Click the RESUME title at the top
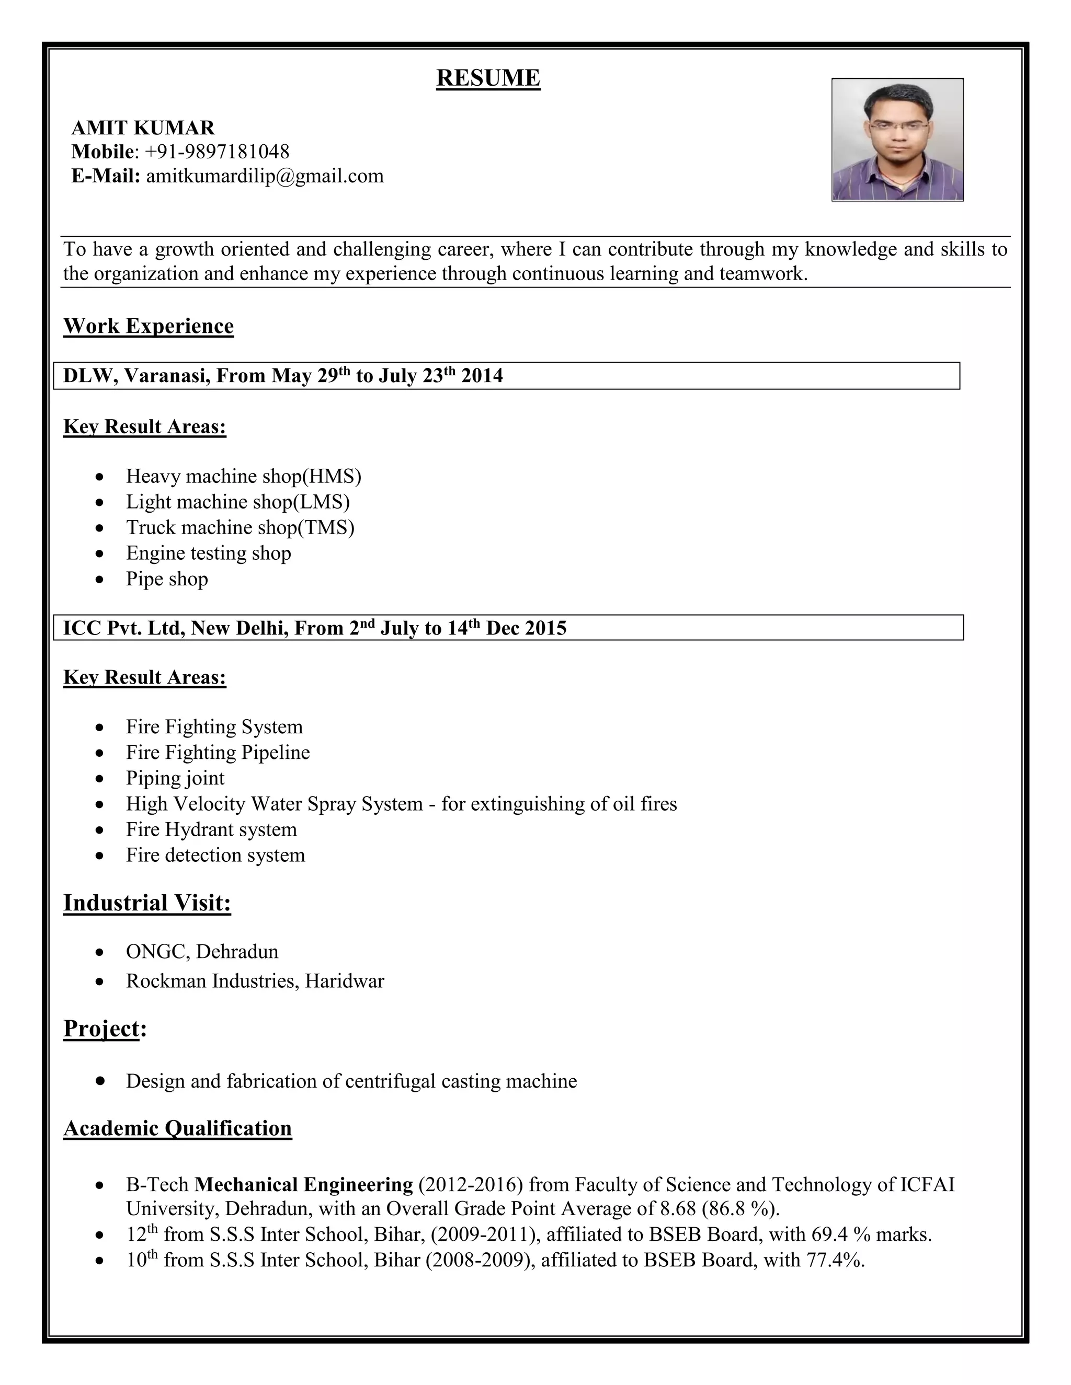(x=488, y=78)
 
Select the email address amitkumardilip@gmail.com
(x=265, y=176)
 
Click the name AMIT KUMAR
(x=143, y=128)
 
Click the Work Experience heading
(x=149, y=326)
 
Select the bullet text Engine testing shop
(x=208, y=553)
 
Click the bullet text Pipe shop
(x=167, y=579)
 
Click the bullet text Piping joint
(x=175, y=778)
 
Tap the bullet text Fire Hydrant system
(x=211, y=829)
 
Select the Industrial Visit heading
(x=147, y=903)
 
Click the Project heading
(x=101, y=1028)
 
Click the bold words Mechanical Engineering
(x=303, y=1185)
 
